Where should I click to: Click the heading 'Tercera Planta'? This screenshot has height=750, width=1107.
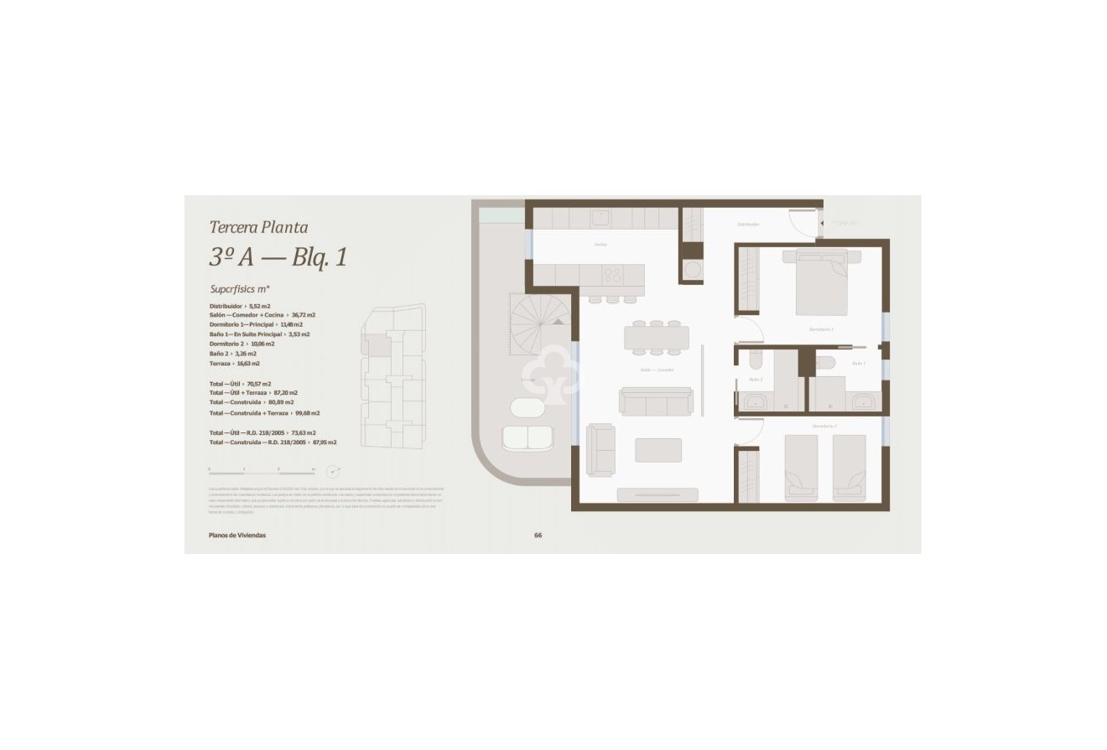[x=258, y=227]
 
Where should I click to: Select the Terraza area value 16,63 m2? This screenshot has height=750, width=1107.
[x=246, y=364]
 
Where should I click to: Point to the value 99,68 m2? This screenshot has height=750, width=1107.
[x=305, y=413]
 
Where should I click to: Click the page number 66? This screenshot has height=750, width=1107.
[x=538, y=535]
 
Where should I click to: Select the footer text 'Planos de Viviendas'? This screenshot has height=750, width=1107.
[x=237, y=535]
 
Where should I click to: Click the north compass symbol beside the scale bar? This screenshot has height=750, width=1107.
[x=333, y=472]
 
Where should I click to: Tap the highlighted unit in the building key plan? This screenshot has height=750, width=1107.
[x=375, y=344]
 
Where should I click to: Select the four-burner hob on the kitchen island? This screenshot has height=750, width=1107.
[x=612, y=275]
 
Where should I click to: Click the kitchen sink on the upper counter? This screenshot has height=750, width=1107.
[x=600, y=218]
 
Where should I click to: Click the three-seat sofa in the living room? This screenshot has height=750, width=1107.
[x=656, y=402]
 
